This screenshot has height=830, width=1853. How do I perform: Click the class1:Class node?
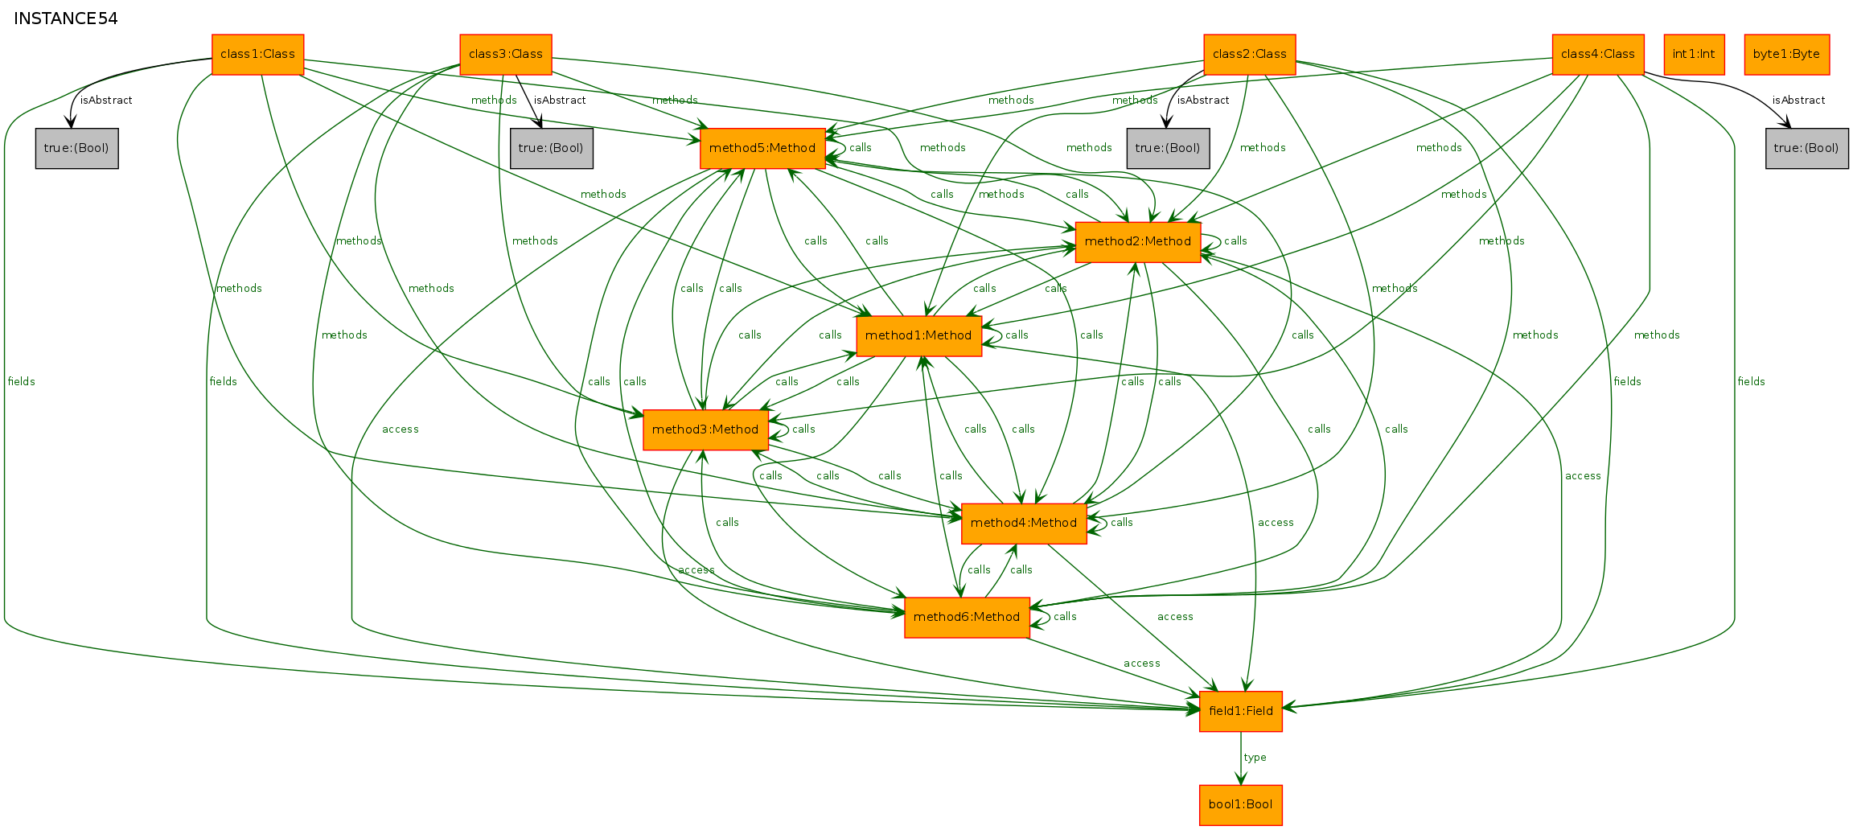[257, 55]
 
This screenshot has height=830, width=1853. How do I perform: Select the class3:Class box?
[506, 55]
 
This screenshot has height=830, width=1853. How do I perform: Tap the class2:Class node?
[1250, 55]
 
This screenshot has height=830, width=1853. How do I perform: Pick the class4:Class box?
[1598, 55]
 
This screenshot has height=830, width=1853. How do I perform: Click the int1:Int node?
[1694, 55]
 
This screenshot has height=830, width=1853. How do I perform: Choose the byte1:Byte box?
[1787, 55]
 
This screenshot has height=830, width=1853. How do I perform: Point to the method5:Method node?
[762, 149]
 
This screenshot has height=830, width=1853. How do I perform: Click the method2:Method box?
[1138, 242]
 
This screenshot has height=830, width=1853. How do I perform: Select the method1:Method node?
[919, 336]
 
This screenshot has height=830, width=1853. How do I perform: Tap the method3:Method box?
[705, 430]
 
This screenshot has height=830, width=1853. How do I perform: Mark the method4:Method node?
[1024, 524]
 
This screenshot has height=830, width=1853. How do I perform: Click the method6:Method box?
[967, 618]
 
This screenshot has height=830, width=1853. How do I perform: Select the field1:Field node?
[1241, 712]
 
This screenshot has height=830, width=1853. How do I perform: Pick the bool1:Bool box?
[1241, 805]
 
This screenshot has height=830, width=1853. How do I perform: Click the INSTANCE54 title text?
[66, 18]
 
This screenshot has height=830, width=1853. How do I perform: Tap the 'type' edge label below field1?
[1255, 758]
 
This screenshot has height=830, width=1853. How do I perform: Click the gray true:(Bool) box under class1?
[77, 149]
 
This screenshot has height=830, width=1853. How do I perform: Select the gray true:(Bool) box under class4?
[1807, 149]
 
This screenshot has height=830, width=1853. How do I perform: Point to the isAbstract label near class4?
[1799, 101]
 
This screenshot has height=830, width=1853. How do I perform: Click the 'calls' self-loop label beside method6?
[1065, 617]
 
